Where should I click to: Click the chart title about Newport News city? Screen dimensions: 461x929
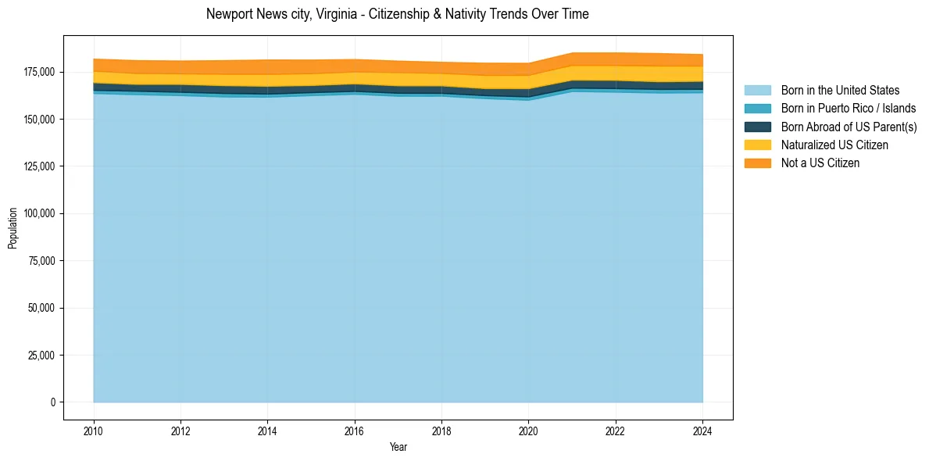click(x=397, y=14)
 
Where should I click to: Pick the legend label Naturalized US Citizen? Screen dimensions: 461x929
click(x=834, y=145)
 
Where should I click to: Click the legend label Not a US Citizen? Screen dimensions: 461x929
click(x=820, y=163)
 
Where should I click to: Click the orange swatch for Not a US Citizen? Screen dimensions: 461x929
click(x=757, y=163)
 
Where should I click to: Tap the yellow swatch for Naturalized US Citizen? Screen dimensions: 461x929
click(x=757, y=145)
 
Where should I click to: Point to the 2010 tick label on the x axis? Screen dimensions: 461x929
click(x=94, y=431)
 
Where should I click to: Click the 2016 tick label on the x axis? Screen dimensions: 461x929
click(x=355, y=431)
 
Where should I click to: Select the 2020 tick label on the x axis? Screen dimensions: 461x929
click(x=529, y=431)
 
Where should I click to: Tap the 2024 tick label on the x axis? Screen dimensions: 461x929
click(x=702, y=431)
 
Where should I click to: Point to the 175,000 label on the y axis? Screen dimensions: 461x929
click(x=39, y=72)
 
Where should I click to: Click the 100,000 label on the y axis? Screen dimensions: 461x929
click(x=39, y=213)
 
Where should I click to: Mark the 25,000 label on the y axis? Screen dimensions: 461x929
click(x=41, y=355)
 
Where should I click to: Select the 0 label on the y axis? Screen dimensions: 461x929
click(x=53, y=402)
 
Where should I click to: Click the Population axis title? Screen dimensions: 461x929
click(x=13, y=228)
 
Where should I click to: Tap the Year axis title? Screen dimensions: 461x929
click(x=398, y=447)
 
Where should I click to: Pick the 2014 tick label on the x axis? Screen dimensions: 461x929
click(x=268, y=431)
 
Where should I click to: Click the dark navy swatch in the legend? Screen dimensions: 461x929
click(x=757, y=127)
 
